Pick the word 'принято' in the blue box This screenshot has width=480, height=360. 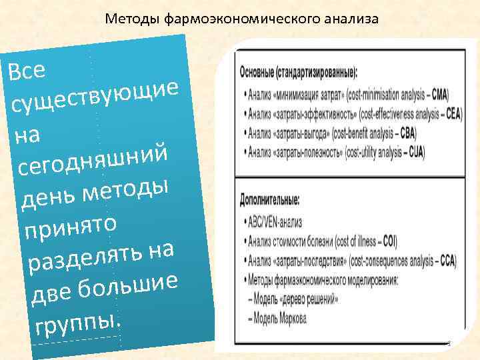click(x=71, y=224)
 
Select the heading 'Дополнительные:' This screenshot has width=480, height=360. click(x=269, y=199)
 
